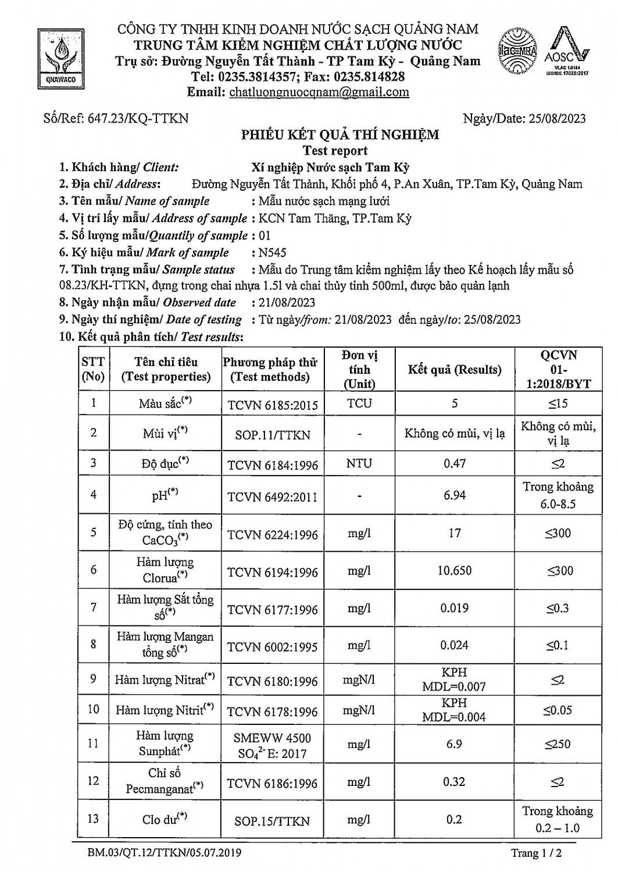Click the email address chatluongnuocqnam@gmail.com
(x=319, y=92)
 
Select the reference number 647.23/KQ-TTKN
(x=138, y=119)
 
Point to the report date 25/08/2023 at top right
(x=557, y=119)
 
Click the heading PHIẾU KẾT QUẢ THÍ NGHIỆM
(x=340, y=135)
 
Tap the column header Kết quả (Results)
(x=454, y=370)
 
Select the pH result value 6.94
(x=454, y=495)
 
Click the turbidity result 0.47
(x=454, y=463)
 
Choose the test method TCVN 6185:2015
(x=272, y=405)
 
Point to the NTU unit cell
(x=359, y=463)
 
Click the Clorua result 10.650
(x=454, y=571)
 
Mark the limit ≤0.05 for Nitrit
(x=558, y=710)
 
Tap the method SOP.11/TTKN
(x=272, y=435)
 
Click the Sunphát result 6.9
(x=454, y=744)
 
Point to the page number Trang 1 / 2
(x=536, y=853)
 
